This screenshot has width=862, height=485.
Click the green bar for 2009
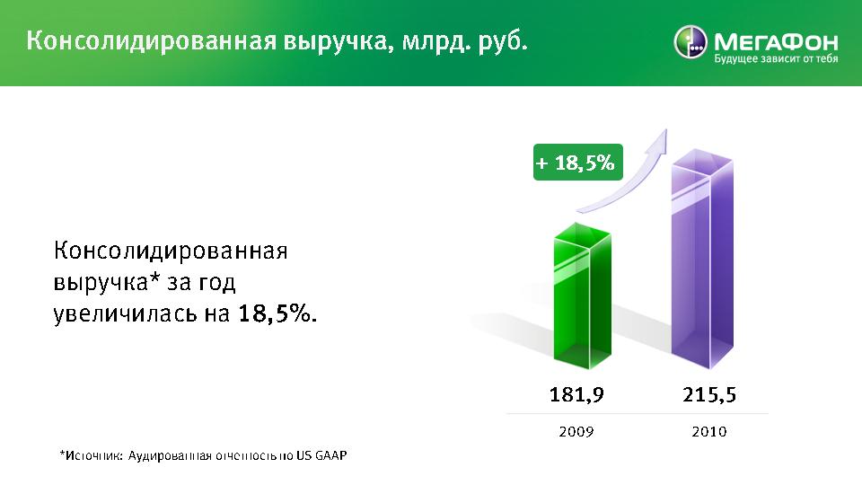(x=582, y=295)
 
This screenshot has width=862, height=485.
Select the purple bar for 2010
(x=702, y=259)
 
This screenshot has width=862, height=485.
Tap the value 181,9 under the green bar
(x=576, y=395)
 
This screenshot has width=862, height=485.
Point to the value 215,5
(x=709, y=395)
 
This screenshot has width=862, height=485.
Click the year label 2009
(x=576, y=432)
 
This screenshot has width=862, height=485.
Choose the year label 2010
(x=709, y=432)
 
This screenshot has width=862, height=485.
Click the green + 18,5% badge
(x=577, y=163)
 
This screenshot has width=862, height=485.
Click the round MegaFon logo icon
(x=690, y=42)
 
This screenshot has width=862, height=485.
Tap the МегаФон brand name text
(x=776, y=42)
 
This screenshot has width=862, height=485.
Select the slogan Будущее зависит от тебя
(x=776, y=59)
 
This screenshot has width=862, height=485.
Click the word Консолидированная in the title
(x=151, y=41)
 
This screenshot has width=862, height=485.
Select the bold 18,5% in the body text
(x=277, y=313)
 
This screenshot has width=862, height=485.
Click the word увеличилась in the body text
(x=126, y=314)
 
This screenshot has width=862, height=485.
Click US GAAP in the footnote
(x=321, y=456)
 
